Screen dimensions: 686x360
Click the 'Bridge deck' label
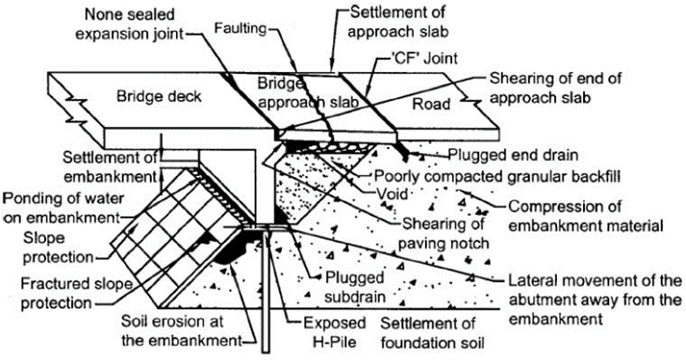coord(159,96)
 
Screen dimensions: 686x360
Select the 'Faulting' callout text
coord(241,29)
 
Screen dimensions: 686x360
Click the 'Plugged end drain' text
coord(514,155)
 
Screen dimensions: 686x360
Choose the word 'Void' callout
coord(392,193)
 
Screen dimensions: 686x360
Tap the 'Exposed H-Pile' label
coord(335,332)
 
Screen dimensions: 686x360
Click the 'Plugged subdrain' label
coord(354,287)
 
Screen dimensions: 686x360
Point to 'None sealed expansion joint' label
coord(130,24)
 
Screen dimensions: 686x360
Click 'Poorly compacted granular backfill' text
coord(497,176)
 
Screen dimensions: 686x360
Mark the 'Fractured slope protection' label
coord(77,293)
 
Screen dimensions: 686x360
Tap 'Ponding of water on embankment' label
coord(64,208)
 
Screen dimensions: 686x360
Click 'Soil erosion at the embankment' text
coord(182,331)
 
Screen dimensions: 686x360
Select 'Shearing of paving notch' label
coord(444,233)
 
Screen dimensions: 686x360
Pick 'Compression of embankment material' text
coord(586,216)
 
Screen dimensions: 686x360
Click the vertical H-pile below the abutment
coord(266,290)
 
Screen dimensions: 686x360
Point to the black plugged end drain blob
coord(405,151)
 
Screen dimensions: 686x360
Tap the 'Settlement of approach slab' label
coord(398,22)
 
